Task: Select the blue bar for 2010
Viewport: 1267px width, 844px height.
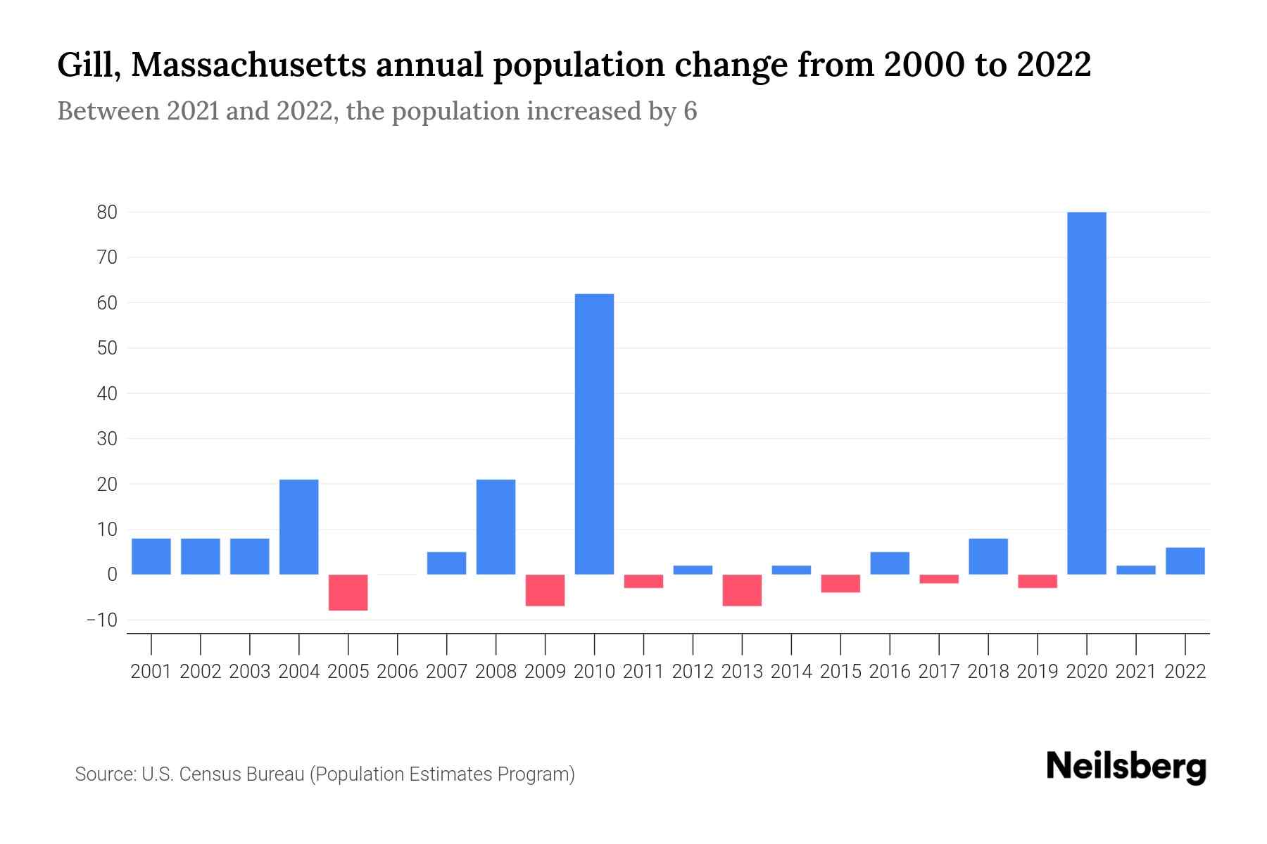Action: click(x=594, y=434)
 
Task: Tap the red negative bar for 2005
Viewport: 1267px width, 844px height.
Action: click(x=348, y=592)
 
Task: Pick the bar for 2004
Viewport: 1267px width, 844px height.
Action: click(x=299, y=527)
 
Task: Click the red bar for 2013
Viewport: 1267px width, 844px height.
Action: click(x=742, y=590)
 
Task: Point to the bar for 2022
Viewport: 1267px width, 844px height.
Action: click(x=1185, y=561)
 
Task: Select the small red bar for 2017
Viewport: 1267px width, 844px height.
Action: click(x=939, y=579)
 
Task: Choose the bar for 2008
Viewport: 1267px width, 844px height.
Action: click(x=496, y=527)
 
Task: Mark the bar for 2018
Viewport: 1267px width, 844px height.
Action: click(x=988, y=556)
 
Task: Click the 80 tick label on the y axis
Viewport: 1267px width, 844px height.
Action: click(x=107, y=212)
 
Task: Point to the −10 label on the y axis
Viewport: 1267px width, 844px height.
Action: click(x=101, y=620)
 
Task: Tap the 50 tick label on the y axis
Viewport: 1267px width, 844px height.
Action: click(x=107, y=348)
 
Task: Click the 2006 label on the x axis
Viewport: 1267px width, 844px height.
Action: click(x=398, y=672)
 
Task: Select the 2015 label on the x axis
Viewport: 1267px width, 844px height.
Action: click(x=840, y=672)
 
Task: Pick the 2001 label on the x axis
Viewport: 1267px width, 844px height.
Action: click(x=151, y=672)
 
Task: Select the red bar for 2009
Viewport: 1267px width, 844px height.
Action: click(x=546, y=590)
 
